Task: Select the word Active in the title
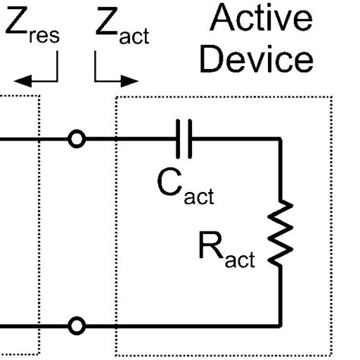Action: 261,18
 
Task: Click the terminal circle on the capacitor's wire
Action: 76,139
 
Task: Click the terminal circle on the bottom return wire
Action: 76,326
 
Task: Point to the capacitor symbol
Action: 187,139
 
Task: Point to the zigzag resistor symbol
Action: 280,234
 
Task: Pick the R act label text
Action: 227,251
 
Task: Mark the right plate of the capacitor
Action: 192,139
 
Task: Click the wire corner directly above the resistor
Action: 280,140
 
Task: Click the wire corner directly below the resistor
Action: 280,326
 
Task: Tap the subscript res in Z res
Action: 44,36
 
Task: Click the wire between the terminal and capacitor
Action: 133,139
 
